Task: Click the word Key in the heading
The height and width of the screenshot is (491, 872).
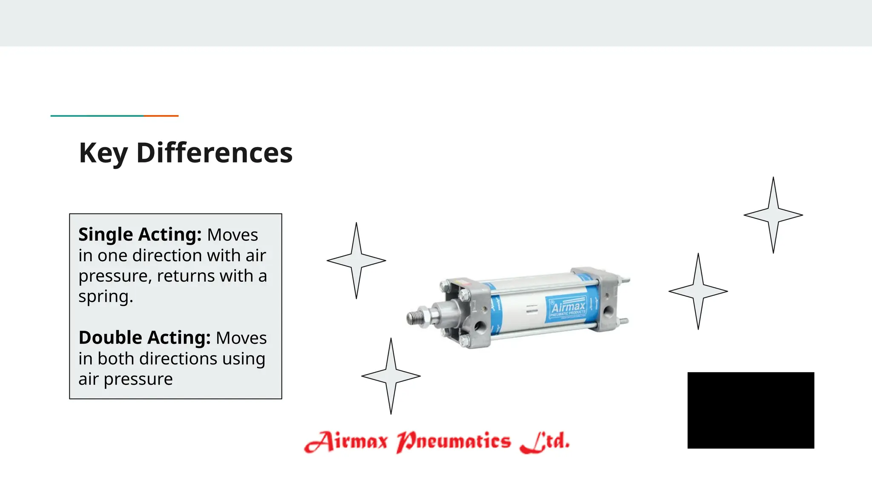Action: (103, 153)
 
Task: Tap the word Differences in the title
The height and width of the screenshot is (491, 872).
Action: (214, 153)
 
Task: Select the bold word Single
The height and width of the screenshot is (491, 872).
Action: (106, 235)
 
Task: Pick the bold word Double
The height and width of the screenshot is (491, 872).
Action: (110, 338)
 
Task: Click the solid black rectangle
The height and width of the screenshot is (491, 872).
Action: (751, 410)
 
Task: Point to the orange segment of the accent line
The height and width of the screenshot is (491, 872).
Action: (161, 116)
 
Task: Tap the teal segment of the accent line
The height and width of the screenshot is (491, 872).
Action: (97, 116)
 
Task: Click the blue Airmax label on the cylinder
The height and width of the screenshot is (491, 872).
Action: (568, 307)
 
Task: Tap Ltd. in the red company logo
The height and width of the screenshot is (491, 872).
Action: (545, 441)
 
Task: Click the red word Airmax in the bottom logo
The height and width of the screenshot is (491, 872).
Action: (346, 441)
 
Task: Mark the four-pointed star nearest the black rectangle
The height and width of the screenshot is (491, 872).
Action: (698, 292)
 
